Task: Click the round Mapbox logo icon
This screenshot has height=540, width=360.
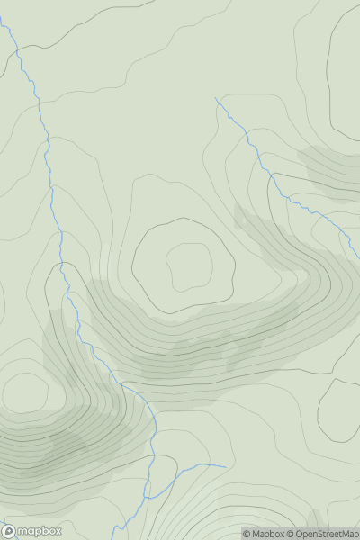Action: pyautogui.click(x=9, y=531)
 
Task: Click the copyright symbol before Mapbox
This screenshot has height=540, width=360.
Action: pyautogui.click(x=246, y=534)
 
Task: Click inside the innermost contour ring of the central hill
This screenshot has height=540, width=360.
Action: pyautogui.click(x=189, y=265)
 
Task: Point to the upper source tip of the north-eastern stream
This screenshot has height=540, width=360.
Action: pyautogui.click(x=216, y=98)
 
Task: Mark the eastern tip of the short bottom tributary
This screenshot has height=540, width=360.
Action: pyautogui.click(x=225, y=466)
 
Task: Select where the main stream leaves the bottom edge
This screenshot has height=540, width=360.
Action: pyautogui.click(x=131, y=537)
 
